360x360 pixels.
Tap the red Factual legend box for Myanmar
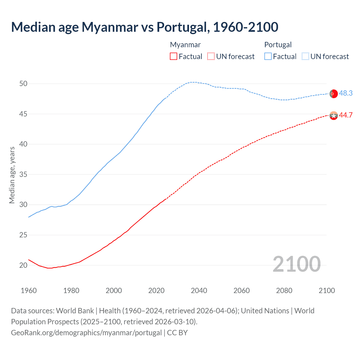pos(174,56)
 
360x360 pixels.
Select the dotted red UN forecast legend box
pos(211,56)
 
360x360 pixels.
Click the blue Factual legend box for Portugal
pos(268,56)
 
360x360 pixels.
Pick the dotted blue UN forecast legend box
pos(305,56)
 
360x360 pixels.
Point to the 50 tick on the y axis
pos(23,84)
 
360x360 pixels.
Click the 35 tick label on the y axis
pos(23,174)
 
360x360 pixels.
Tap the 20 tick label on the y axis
pos(23,265)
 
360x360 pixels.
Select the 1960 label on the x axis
pos(29,291)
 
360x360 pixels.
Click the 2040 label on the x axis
pos(199,291)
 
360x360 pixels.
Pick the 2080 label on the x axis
pos(284,291)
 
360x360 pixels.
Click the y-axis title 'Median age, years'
pos(12,175)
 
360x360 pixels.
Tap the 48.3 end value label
pos(346,93)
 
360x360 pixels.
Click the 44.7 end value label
pos(346,115)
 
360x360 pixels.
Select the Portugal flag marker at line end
pos(334,94)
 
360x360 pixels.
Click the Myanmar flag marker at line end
pos(334,116)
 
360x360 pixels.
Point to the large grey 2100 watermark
pos(297,264)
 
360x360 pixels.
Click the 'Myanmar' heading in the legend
pos(185,45)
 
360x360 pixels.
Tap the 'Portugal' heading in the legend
pos(278,45)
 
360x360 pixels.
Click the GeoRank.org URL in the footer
pos(86,333)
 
